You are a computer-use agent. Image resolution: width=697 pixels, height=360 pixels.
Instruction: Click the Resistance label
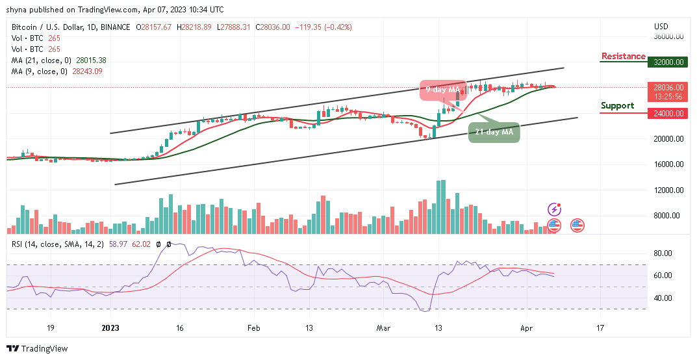tap(623, 57)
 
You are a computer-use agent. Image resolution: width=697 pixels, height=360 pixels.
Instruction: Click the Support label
tap(617, 105)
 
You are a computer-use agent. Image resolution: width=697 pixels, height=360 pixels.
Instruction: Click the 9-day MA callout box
tap(443, 89)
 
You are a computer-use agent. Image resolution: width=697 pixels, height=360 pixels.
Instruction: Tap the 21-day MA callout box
tap(494, 132)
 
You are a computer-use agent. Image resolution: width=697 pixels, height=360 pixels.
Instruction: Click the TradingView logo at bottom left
tap(37, 349)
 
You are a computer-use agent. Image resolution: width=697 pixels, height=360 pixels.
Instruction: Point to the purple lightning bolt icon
tap(554, 209)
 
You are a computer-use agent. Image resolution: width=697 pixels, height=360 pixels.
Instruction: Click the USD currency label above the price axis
tap(661, 27)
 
